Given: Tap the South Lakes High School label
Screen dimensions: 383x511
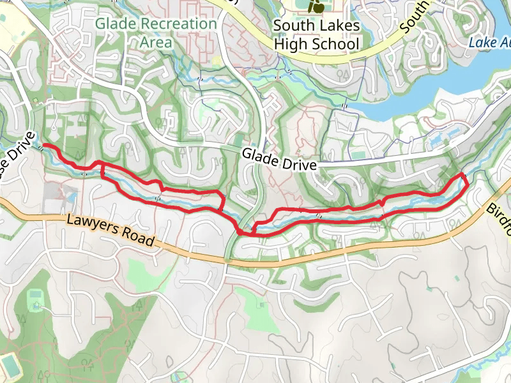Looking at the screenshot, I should (316, 35).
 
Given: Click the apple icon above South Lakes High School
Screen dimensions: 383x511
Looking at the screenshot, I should (316, 6).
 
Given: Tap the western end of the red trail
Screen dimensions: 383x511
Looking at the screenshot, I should (44, 146).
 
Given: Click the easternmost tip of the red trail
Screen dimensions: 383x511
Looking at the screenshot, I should (467, 182).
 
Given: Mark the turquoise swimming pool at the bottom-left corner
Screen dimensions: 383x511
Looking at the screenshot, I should (10, 365).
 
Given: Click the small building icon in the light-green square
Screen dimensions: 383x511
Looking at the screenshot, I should (36, 297).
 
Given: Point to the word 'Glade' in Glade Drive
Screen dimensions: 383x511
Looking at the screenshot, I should (260, 155).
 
